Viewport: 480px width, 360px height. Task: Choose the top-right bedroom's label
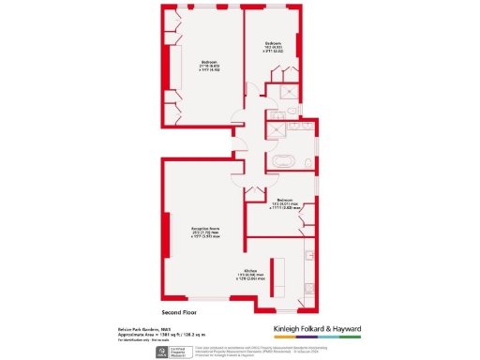click(x=273, y=46)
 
